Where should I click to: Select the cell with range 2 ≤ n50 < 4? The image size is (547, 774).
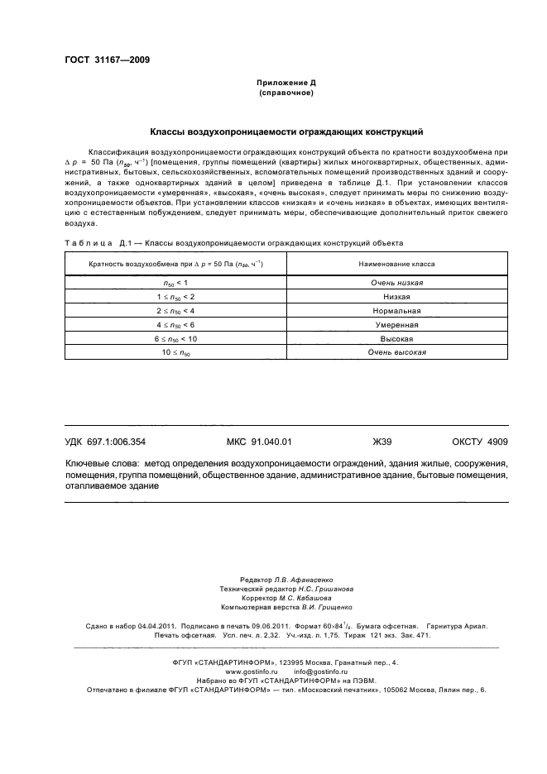pyautogui.click(x=175, y=310)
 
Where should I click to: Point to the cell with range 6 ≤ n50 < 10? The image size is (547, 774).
pyautogui.click(x=175, y=338)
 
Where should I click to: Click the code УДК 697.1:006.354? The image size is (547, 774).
pyautogui.click(x=113, y=442)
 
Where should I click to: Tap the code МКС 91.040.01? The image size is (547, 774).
pyautogui.click(x=259, y=442)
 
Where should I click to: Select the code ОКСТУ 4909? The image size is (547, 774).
pyautogui.click(x=480, y=442)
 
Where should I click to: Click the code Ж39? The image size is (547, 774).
pyautogui.click(x=381, y=442)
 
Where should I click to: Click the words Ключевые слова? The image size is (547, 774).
pyautogui.click(x=101, y=464)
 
